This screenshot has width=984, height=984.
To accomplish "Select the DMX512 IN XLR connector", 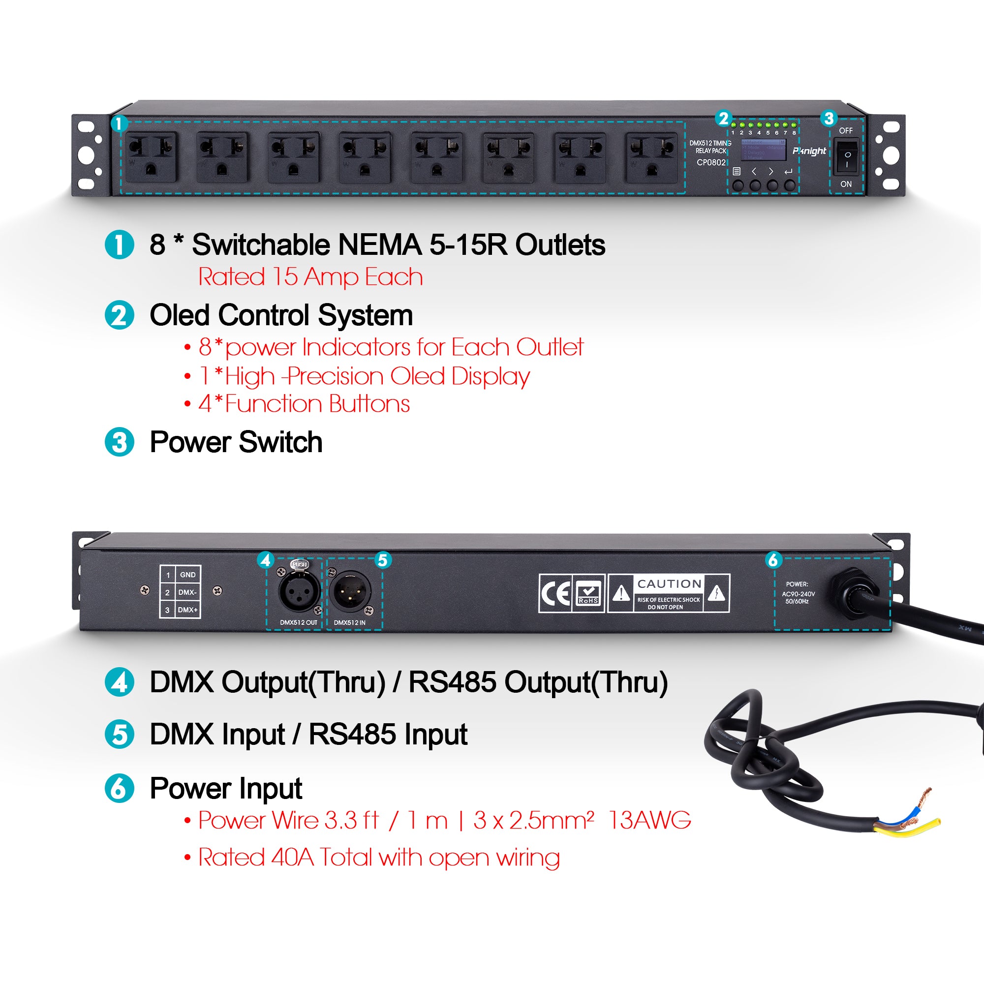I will tap(350, 591).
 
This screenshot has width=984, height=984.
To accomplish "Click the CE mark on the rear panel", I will tap(555, 593).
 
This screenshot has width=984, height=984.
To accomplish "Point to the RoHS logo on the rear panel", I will tap(589, 593).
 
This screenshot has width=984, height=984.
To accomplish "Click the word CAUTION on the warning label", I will tap(669, 584).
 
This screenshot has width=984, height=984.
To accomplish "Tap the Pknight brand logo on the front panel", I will tap(809, 151).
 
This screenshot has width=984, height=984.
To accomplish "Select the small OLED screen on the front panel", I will tap(763, 150).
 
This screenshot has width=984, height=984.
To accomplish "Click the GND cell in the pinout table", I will tap(187, 575).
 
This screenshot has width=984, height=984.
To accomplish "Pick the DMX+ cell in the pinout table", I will tap(187, 610).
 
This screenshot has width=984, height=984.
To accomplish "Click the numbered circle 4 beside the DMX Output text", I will tap(119, 682).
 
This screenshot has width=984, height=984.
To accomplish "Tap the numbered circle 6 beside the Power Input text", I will tap(119, 788).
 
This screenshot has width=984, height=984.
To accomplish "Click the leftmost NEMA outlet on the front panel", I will tap(151, 157).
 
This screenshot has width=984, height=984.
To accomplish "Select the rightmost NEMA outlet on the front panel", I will tap(651, 157).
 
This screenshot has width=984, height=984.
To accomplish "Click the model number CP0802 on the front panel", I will tap(711, 162).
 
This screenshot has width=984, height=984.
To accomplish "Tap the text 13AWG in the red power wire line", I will tap(650, 821).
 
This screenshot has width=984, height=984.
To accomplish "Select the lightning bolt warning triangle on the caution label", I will tap(717, 593).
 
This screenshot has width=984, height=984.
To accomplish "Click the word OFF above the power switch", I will tap(846, 131).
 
